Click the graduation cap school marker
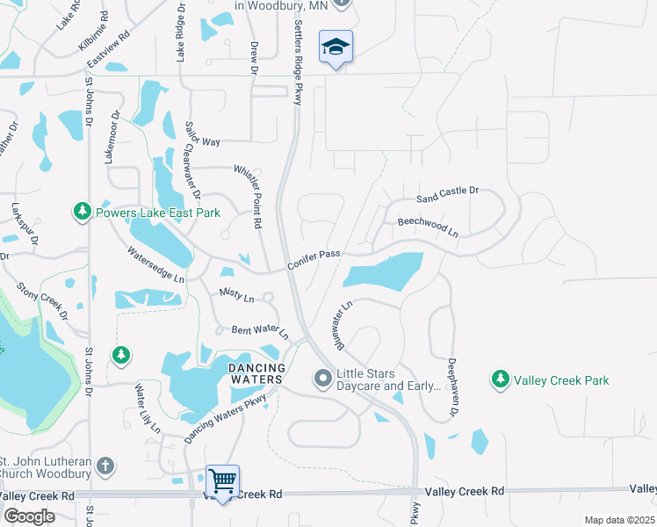click(336, 47)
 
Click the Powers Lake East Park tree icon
click(83, 212)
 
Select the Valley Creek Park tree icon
click(501, 379)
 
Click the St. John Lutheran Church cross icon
click(105, 466)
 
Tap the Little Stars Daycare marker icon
click(322, 379)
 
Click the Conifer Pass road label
click(314, 259)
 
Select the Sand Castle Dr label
click(447, 193)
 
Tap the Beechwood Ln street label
click(428, 227)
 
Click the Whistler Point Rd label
click(249, 196)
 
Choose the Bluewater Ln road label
click(343, 325)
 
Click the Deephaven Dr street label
click(453, 386)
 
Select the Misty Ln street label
click(236, 297)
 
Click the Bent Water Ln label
click(259, 331)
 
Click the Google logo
click(29, 516)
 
